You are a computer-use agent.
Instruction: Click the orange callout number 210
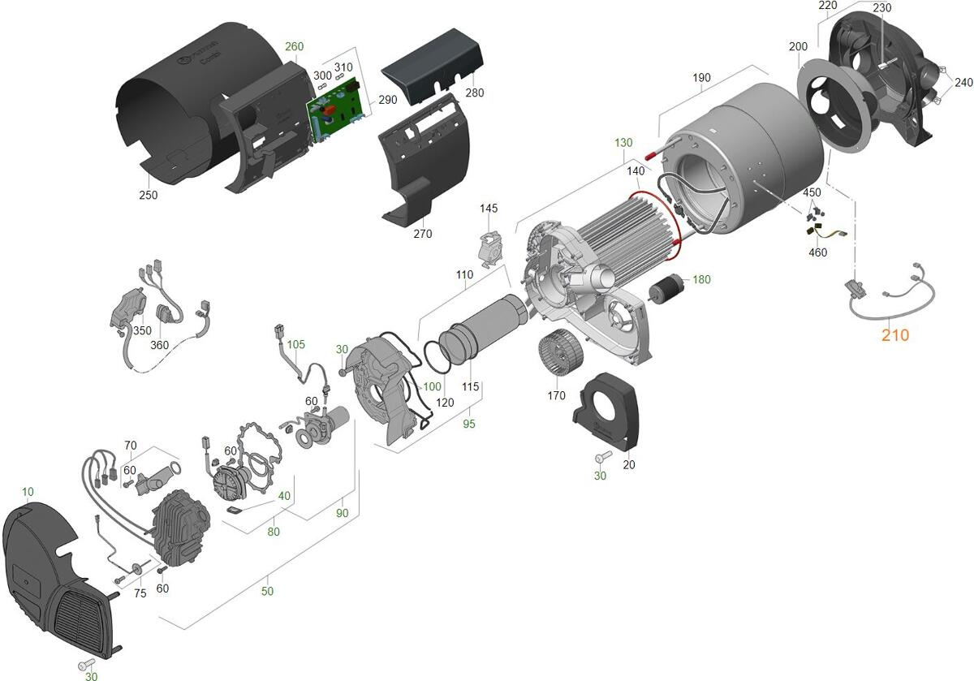point(895,335)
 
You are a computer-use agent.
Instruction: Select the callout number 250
point(149,195)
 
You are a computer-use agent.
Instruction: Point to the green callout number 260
point(295,46)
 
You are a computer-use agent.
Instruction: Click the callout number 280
point(474,93)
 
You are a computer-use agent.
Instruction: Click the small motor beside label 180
point(666,287)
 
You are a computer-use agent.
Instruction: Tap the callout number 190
point(701,78)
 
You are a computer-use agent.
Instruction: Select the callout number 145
point(489,209)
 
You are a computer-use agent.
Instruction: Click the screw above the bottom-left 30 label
point(87,664)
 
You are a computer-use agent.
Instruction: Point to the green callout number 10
point(28,492)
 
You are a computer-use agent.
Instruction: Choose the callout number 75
point(140,593)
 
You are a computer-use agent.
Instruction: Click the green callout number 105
point(295,344)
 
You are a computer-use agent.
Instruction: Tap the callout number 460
point(817,252)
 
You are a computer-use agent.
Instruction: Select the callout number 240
point(963,82)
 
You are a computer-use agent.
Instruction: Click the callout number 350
point(142,330)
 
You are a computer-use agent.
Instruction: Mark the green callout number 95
point(469,424)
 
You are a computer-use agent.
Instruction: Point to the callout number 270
point(423,234)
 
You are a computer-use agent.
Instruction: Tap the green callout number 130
point(623,143)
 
